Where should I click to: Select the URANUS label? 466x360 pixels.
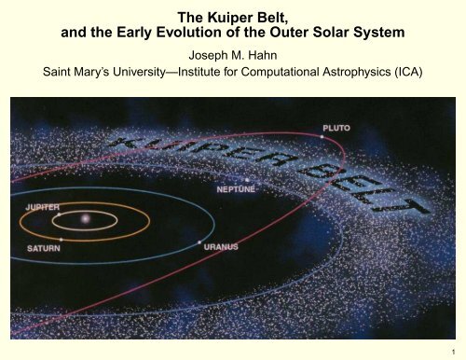221,248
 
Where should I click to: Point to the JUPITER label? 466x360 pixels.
36,204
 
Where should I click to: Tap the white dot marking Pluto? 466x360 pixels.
322,137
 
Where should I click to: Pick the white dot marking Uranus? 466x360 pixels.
199,243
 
